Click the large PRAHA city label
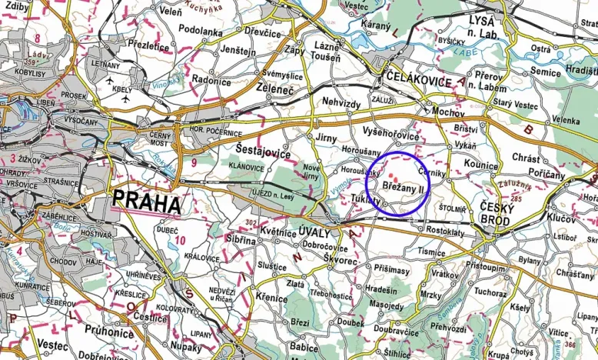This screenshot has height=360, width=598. (x=148, y=203)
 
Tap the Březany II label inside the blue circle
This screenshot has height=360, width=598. (x=402, y=186)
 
